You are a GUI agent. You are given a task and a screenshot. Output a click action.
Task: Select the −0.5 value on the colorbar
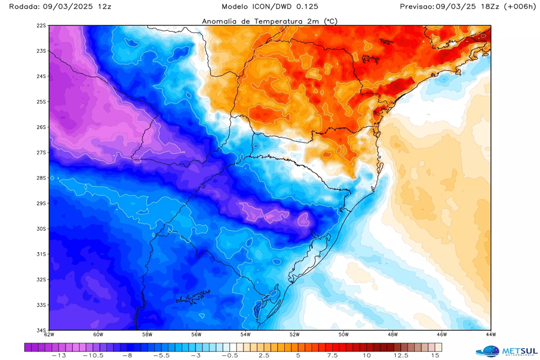(x=232, y=355)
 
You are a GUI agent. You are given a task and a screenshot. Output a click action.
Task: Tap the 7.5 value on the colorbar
(x=332, y=355)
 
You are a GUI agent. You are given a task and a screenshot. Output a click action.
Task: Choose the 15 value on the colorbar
(x=435, y=355)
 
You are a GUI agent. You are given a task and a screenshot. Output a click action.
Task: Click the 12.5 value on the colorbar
(x=401, y=355)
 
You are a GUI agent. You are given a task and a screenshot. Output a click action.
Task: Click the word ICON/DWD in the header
(x=282, y=6)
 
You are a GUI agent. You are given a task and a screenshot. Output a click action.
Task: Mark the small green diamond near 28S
(x=52, y=178)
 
